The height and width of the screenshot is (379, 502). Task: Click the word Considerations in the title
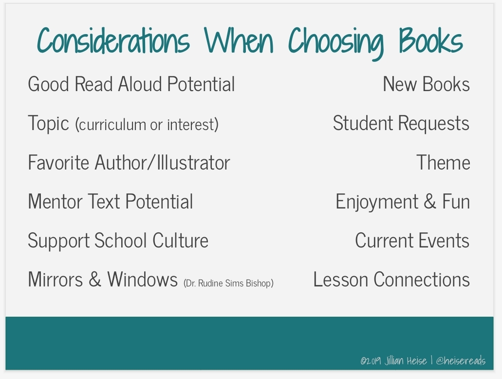(113, 40)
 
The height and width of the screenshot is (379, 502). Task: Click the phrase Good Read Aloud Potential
(131, 84)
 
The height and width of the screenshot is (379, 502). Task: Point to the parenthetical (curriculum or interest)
(147, 124)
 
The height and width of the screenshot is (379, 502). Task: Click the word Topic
(48, 123)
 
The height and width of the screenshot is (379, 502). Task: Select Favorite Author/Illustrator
(129, 162)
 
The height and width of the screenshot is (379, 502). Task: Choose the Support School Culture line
(118, 241)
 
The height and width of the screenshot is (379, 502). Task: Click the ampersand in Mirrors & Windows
(95, 279)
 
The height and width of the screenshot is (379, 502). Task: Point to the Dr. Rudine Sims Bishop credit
(228, 283)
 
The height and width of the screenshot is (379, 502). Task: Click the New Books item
(427, 84)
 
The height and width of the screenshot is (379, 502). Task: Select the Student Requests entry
(401, 123)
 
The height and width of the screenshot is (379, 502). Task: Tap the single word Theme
(443, 162)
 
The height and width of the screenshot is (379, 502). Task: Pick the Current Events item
(412, 240)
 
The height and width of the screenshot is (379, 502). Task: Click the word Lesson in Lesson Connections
(341, 279)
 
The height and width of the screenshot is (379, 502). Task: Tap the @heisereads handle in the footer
(461, 361)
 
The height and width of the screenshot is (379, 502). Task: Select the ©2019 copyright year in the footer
(371, 361)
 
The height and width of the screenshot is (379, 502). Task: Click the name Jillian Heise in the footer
(406, 361)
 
